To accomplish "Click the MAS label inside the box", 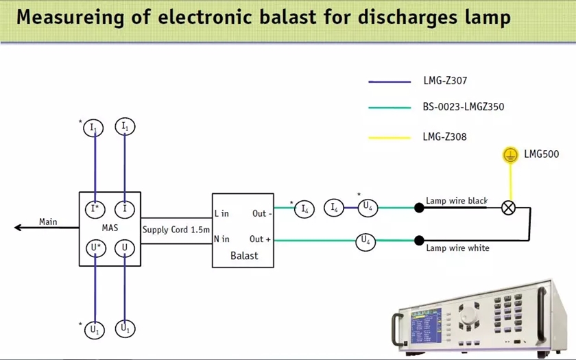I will click(110, 228).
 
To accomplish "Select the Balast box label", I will click(244, 255).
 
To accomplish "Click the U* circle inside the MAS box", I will click(95, 247).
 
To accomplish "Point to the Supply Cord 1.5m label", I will click(176, 229).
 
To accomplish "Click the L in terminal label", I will click(221, 213).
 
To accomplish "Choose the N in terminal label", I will click(222, 239).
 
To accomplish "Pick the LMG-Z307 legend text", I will click(445, 81).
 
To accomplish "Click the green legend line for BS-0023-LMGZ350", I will click(390, 107).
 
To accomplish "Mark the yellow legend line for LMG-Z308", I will click(390, 137).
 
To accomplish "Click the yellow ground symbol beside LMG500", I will click(509, 155).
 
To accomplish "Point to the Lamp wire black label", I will click(457, 201).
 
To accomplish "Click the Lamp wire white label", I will click(457, 248).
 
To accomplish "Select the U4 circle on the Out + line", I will click(365, 241).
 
